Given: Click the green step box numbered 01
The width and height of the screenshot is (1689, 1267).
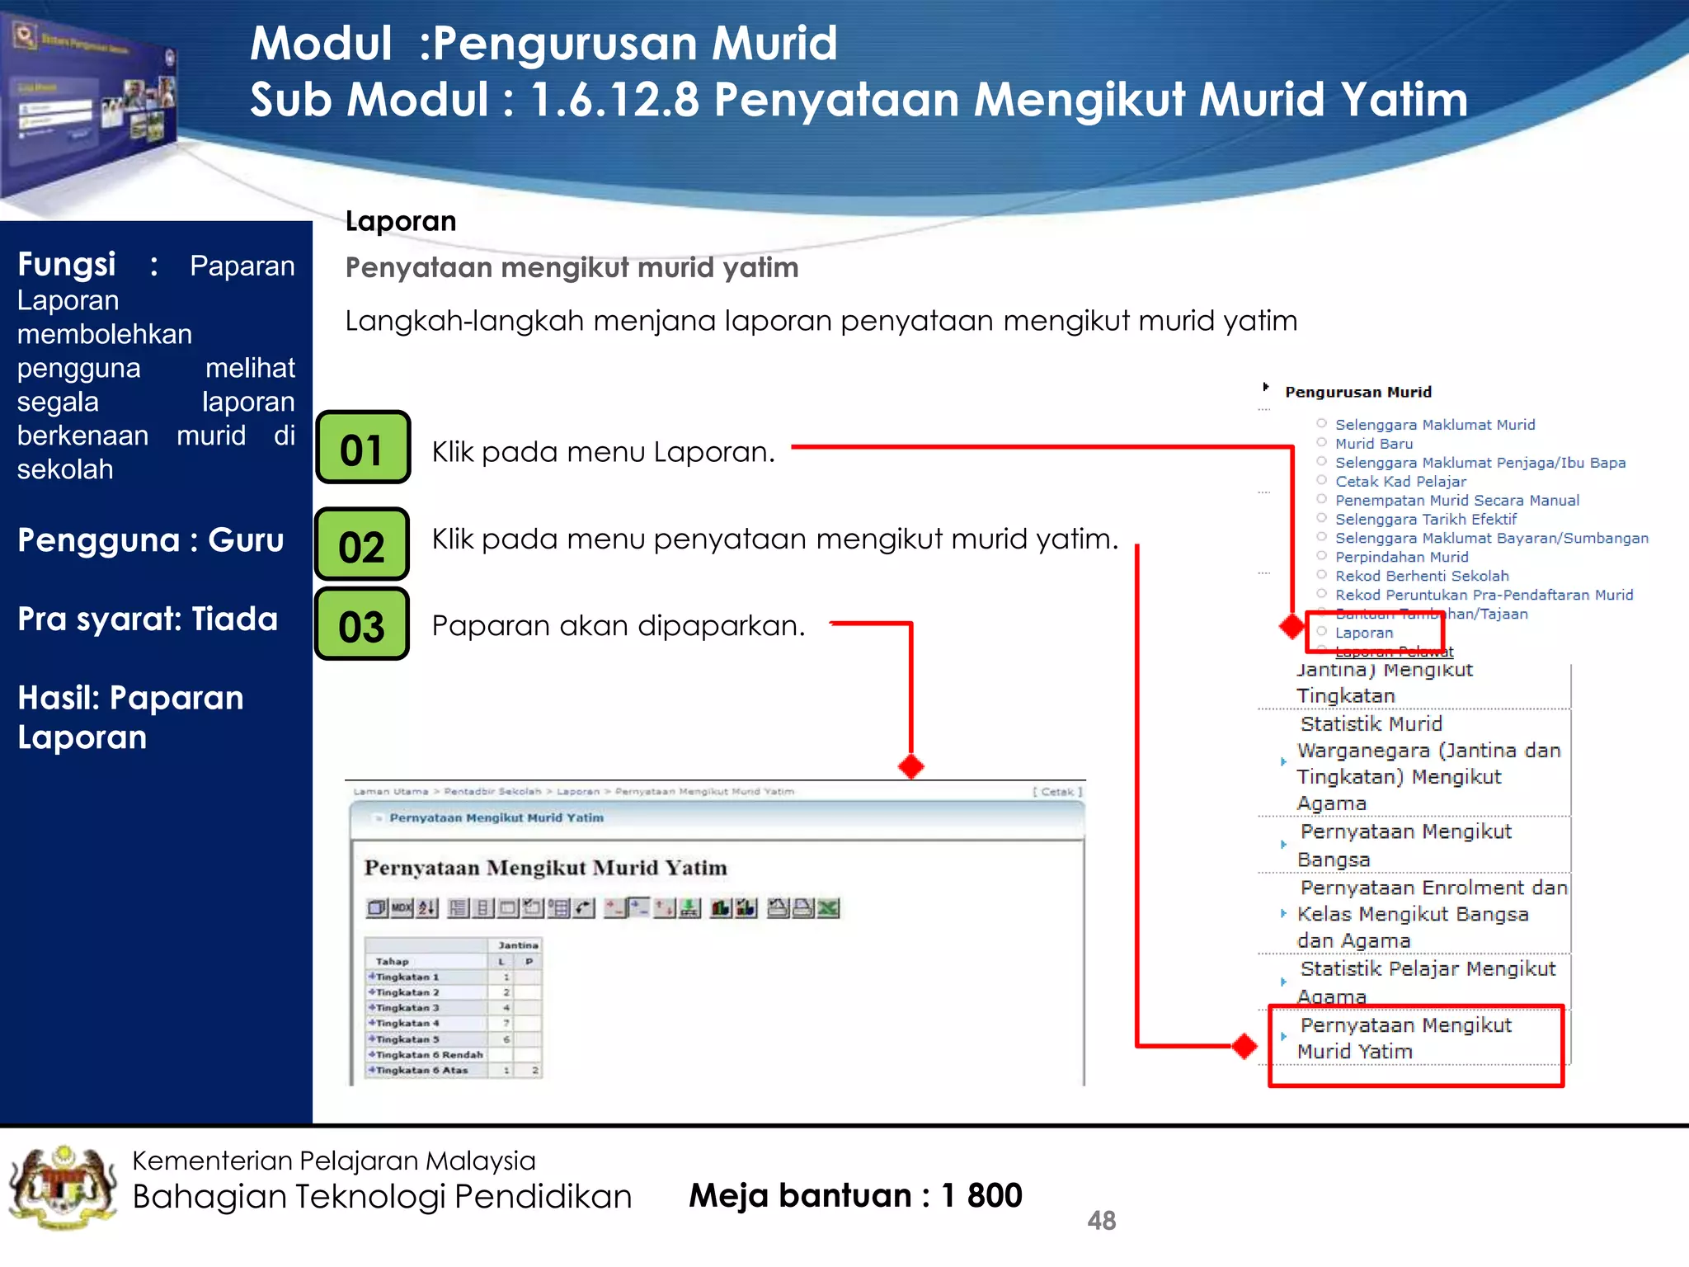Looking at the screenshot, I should (x=363, y=448).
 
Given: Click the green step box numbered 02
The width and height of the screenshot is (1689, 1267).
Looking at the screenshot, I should (x=362, y=544).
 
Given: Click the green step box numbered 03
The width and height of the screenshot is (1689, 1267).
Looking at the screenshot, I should (x=362, y=624).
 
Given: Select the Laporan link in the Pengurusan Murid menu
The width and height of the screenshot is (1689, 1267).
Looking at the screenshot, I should (x=1363, y=633).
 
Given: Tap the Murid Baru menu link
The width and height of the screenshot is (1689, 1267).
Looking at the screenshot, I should (x=1373, y=444).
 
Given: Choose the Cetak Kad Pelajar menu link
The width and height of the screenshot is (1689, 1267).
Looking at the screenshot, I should (x=1400, y=482).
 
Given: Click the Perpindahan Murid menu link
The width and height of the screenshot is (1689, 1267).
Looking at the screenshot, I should (x=1401, y=557).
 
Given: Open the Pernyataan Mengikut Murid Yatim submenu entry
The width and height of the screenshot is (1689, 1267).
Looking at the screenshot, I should (x=1404, y=1038).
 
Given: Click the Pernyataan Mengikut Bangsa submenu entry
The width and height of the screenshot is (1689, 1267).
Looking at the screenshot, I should (x=1404, y=845).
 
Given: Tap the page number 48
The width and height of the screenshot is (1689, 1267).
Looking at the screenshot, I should (x=1101, y=1220).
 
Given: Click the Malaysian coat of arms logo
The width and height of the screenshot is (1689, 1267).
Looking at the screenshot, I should (x=63, y=1187).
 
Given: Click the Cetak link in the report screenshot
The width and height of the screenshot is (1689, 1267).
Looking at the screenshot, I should (x=1056, y=792).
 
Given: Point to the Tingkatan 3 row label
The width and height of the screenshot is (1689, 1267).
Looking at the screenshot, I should (x=407, y=1008).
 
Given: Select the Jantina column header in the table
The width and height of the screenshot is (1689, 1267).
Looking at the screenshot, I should (x=517, y=945).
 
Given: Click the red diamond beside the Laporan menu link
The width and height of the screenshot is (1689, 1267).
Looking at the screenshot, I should (x=1292, y=626).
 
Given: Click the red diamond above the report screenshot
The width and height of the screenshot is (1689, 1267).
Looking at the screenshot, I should (x=910, y=766).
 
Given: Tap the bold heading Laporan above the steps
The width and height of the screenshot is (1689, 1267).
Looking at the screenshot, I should (x=401, y=221).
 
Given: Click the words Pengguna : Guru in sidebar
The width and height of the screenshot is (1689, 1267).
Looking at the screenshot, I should (x=151, y=540).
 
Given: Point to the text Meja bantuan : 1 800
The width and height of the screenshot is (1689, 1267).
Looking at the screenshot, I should (x=855, y=1195).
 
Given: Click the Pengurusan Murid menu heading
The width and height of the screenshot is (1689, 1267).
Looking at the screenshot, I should (x=1357, y=393).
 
